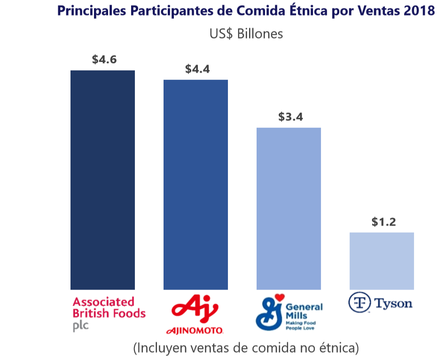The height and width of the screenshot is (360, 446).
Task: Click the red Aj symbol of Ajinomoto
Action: (195, 309)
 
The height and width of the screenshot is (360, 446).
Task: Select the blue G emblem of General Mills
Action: (269, 313)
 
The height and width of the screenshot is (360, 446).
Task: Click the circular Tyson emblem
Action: (359, 303)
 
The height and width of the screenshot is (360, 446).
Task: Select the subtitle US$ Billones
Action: (246, 34)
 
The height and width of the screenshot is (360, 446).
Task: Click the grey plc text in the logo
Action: (80, 326)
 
